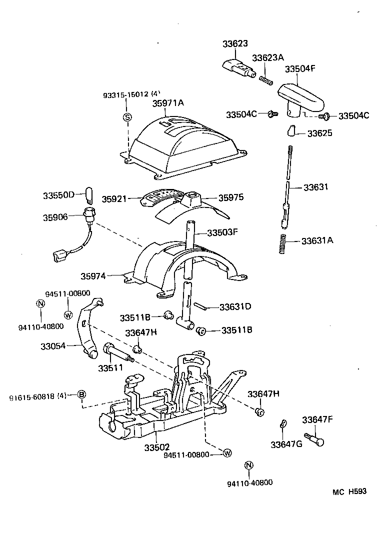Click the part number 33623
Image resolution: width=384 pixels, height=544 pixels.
[235, 44]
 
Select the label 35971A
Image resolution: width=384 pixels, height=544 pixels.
[168, 103]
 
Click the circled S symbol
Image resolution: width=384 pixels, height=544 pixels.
[127, 117]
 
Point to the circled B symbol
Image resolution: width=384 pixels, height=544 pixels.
[81, 395]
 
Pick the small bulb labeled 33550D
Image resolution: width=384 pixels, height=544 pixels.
[90, 193]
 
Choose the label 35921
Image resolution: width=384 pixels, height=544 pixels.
[113, 198]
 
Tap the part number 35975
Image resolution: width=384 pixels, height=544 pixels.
[230, 197]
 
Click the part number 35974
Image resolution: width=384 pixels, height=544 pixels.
[93, 275]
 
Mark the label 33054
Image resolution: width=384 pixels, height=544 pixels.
[53, 345]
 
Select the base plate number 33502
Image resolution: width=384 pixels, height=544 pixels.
[157, 446]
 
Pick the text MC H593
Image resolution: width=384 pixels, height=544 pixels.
[349, 491]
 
